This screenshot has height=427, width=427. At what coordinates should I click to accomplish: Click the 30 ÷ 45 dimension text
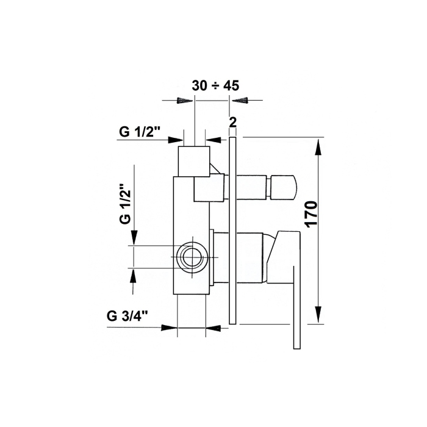point(215,85)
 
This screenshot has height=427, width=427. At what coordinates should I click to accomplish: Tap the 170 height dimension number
point(312,214)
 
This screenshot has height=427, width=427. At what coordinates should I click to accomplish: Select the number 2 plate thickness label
point(233,123)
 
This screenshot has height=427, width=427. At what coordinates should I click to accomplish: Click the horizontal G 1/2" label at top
point(139,132)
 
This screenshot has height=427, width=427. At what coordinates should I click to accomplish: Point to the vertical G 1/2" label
point(125,204)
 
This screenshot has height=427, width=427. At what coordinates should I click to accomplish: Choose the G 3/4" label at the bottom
point(127,316)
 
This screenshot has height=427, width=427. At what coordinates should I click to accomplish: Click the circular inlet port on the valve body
point(192,257)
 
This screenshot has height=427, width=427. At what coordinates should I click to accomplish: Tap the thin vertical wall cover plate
point(232,231)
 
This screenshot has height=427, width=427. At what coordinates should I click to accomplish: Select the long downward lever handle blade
point(297,307)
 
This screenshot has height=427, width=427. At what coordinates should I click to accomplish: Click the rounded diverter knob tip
point(284,187)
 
